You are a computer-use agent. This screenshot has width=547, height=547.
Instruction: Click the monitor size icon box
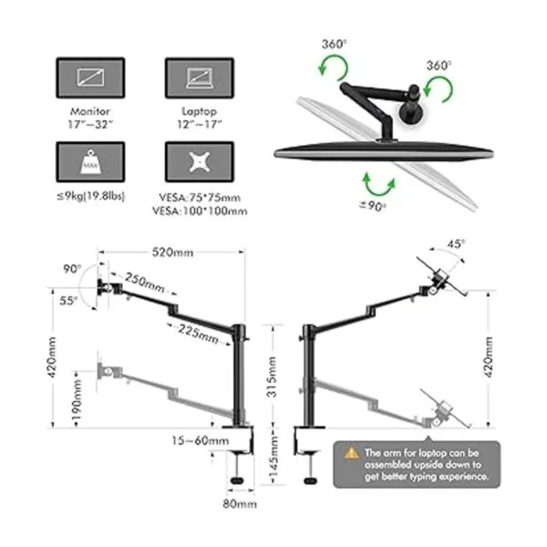pyautogui.click(x=90, y=77)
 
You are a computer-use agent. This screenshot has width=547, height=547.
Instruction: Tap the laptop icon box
pyautogui.click(x=200, y=77)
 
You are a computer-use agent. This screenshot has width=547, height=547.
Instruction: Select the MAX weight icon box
pyautogui.click(x=90, y=162)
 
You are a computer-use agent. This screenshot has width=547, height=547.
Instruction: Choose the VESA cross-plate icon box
pyautogui.click(x=200, y=162)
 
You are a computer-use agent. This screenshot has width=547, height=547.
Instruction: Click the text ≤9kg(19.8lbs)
pyautogui.click(x=90, y=196)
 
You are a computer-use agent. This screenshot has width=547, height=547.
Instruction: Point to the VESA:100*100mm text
pyautogui.click(x=200, y=212)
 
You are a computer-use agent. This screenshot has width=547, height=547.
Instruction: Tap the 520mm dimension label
pyautogui.click(x=172, y=253)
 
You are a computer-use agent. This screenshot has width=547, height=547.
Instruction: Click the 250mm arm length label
pyautogui.click(x=145, y=283)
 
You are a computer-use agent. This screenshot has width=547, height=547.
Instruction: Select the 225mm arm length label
pyautogui.click(x=198, y=335)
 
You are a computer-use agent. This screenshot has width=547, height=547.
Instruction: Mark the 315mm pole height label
pyautogui.click(x=272, y=377)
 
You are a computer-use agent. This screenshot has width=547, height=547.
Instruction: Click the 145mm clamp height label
pyautogui.click(x=273, y=458)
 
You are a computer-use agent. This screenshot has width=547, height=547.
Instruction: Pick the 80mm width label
pyautogui.click(x=240, y=504)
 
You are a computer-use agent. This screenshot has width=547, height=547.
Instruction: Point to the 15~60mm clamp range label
pyautogui.click(x=201, y=440)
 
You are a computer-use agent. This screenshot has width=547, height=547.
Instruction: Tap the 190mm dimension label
pyautogui.click(x=77, y=400)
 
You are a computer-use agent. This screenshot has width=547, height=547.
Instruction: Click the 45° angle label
pyautogui.click(x=457, y=243)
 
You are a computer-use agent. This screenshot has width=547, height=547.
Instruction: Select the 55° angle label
pyautogui.click(x=68, y=300)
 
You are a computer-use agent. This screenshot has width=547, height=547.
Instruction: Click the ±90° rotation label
pyautogui.click(x=372, y=206)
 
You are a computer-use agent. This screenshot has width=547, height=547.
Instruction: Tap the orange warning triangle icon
pyautogui.click(x=351, y=453)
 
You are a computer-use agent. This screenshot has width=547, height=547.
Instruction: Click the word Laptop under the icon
pyautogui.click(x=199, y=111)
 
